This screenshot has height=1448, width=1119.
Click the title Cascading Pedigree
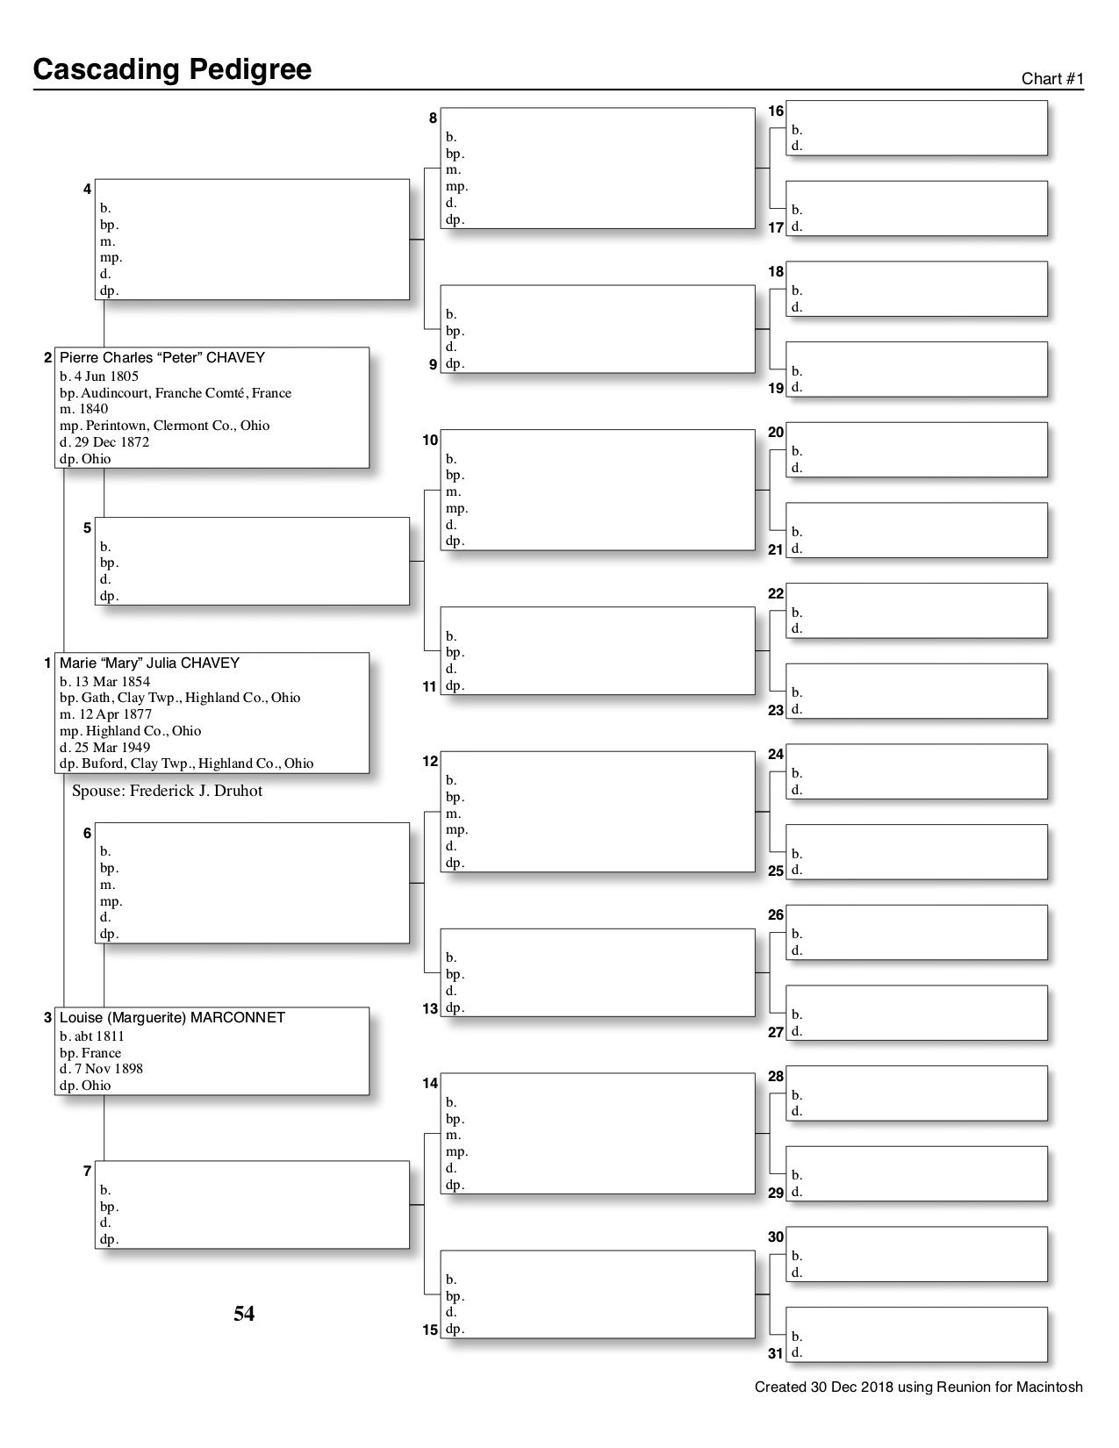click(172, 69)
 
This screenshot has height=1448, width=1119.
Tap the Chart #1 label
click(1052, 79)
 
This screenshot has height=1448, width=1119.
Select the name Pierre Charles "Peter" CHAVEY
click(161, 358)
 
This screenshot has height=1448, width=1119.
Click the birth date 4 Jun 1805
click(99, 376)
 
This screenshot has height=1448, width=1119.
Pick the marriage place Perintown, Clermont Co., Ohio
click(165, 426)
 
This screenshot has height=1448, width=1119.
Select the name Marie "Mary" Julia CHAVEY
click(149, 663)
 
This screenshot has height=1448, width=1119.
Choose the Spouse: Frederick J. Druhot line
click(167, 791)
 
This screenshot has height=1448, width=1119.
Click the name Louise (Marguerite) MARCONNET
click(172, 1018)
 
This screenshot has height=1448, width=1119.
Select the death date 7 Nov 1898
click(101, 1069)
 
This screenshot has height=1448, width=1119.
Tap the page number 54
click(244, 1314)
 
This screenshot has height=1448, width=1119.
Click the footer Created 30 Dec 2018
click(918, 1387)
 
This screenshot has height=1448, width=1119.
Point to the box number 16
click(776, 111)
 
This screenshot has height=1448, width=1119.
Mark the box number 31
click(776, 1353)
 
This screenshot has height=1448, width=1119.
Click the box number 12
click(430, 762)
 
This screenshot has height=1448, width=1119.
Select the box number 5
click(87, 528)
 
